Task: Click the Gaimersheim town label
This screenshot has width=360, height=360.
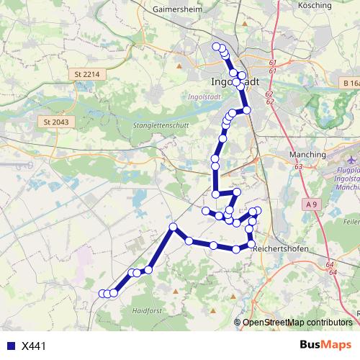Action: tap(176, 11)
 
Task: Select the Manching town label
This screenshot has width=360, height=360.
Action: tap(307, 155)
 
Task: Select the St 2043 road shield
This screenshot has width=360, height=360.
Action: tap(56, 122)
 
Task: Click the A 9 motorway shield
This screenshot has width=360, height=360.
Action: tap(311, 205)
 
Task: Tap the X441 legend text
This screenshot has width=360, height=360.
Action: tap(34, 346)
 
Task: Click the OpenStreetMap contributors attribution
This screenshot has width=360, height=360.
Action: tap(297, 323)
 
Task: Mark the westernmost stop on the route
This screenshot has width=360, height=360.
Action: tap(102, 293)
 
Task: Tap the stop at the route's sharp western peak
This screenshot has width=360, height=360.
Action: tap(173, 228)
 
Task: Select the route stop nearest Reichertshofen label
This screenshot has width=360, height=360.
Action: tap(251, 245)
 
